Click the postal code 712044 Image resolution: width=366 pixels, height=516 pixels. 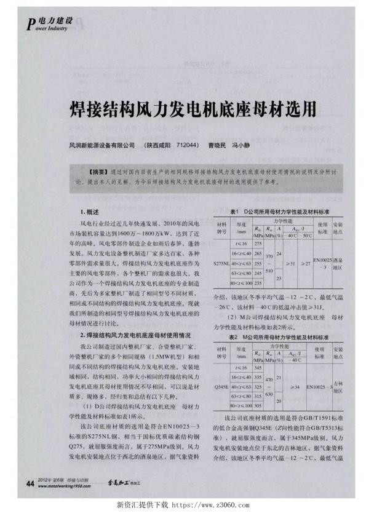click(x=181, y=146)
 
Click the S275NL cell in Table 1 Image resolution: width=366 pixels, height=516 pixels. click(x=221, y=263)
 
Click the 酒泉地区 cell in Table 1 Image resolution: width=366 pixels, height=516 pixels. click(x=337, y=263)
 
